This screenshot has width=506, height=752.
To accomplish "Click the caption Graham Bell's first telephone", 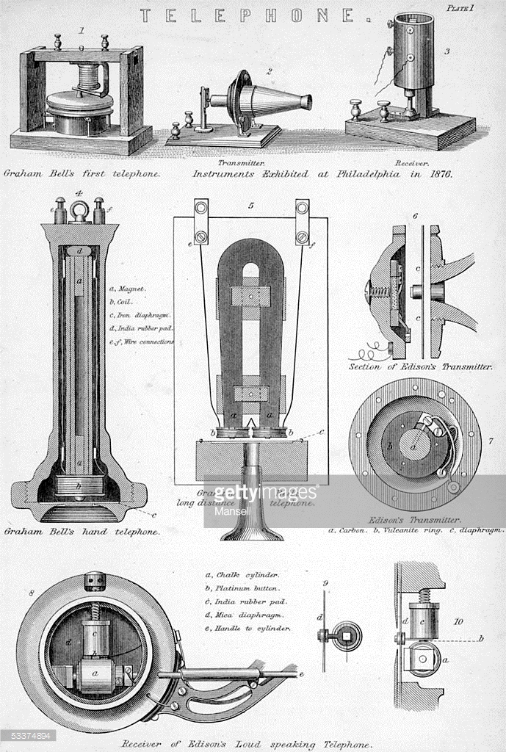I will [82, 175].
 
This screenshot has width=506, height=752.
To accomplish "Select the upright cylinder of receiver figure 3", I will [413, 51].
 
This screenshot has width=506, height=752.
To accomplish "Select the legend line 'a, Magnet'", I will [126, 289].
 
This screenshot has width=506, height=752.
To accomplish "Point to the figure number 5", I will [250, 206].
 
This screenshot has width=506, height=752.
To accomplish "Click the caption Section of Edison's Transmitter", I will [420, 366].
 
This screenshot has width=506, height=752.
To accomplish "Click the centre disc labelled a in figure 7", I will [415, 446].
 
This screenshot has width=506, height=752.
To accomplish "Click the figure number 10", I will [458, 621].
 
